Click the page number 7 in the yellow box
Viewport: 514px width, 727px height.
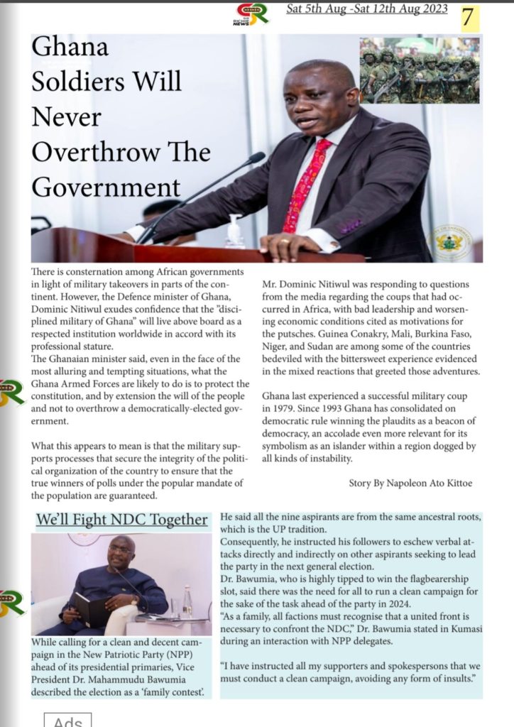(467, 18)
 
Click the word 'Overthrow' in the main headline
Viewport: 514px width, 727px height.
(121, 153)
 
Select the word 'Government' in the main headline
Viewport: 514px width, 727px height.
(106, 188)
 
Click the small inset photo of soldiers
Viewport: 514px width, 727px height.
(419, 70)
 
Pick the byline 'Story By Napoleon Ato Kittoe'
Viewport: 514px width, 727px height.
(410, 483)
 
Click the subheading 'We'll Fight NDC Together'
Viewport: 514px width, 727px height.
(121, 520)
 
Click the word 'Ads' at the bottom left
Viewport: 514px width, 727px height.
(69, 721)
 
